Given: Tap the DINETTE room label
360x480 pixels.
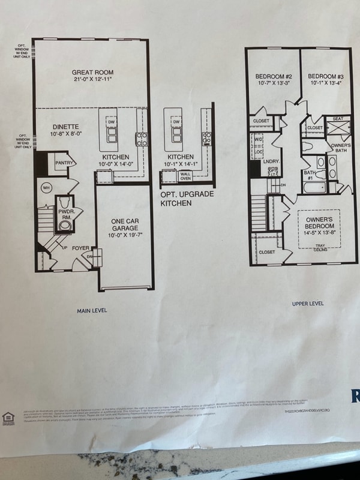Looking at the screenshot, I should [65, 127].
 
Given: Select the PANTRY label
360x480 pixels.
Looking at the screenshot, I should [64, 163].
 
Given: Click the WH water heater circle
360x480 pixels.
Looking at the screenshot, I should [45, 188].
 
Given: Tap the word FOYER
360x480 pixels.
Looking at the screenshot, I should [81, 248].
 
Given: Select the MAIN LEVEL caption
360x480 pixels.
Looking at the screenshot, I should [92, 311].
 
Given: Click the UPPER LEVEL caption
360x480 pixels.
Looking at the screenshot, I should [308, 304].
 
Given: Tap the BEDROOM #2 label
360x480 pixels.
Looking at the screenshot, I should [273, 76].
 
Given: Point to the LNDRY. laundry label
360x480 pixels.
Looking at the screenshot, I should [272, 161].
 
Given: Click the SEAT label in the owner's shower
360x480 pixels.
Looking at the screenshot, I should [338, 119].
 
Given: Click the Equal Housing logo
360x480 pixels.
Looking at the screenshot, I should [8, 416].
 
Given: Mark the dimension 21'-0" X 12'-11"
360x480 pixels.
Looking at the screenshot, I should [93, 79].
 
